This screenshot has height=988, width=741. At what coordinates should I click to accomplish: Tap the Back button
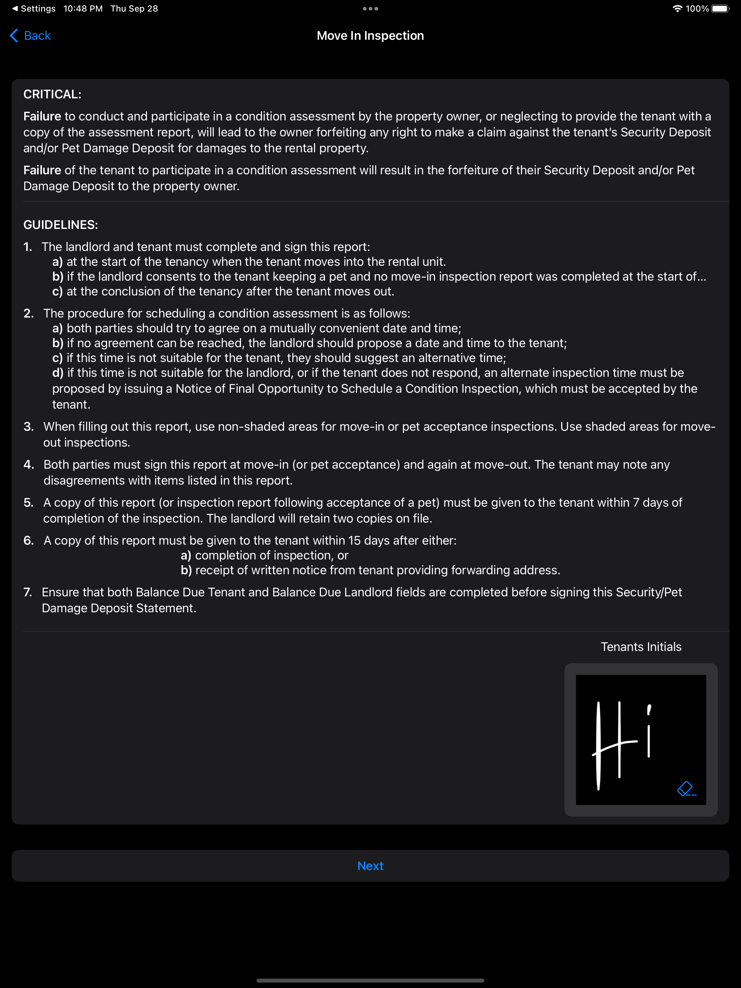point(30,36)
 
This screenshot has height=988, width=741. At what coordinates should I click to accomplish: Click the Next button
point(370,866)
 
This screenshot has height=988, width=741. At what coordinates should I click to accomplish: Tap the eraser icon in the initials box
point(686,788)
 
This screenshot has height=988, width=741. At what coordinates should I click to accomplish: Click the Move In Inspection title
point(370,36)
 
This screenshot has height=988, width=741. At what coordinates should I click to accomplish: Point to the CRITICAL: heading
point(52,94)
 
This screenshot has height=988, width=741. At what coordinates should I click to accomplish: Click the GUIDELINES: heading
point(60,225)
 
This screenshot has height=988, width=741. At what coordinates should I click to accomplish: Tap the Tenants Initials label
point(640,647)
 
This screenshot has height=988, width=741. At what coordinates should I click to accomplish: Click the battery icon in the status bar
point(720,8)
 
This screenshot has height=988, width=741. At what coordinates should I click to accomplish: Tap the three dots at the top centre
point(370,8)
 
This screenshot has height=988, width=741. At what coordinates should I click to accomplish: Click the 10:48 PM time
point(83,8)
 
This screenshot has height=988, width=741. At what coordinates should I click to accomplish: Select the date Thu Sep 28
point(134,8)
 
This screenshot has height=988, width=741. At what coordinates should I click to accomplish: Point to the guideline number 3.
point(29,427)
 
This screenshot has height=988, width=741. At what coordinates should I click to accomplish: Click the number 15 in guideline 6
point(355,540)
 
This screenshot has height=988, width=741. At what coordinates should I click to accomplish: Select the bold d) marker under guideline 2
point(58,373)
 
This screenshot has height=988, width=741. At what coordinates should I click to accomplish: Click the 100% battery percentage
point(697,8)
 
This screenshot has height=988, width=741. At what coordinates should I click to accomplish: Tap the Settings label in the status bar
point(38,8)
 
